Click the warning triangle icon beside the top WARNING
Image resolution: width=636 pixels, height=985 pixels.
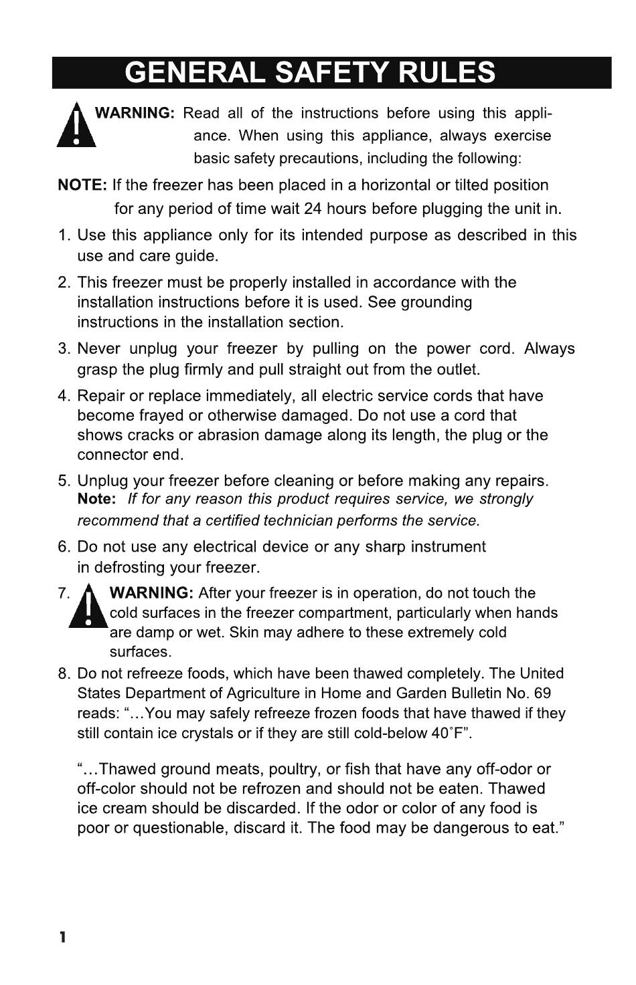[77, 124]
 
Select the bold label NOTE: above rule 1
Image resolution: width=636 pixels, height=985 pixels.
[82, 185]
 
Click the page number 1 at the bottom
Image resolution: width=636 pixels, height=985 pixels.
[62, 937]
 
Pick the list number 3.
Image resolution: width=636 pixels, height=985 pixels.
[64, 349]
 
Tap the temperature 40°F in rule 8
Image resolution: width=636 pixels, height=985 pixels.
[448, 733]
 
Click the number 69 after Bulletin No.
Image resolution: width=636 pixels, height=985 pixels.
[542, 693]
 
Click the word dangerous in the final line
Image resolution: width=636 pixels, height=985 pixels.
[471, 828]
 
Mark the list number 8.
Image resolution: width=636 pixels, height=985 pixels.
[64, 674]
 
